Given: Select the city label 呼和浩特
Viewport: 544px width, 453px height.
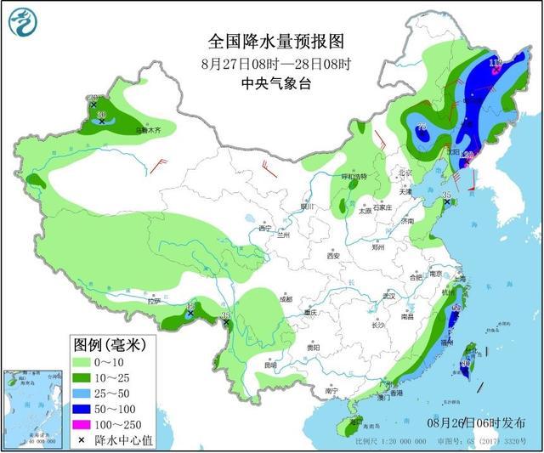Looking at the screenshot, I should click(x=353, y=177).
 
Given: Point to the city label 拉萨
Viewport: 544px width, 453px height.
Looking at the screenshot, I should click(x=153, y=301).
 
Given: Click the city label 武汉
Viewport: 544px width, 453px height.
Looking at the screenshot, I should click(x=390, y=295).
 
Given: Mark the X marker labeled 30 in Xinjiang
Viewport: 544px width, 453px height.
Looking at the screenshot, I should click(x=102, y=122).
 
